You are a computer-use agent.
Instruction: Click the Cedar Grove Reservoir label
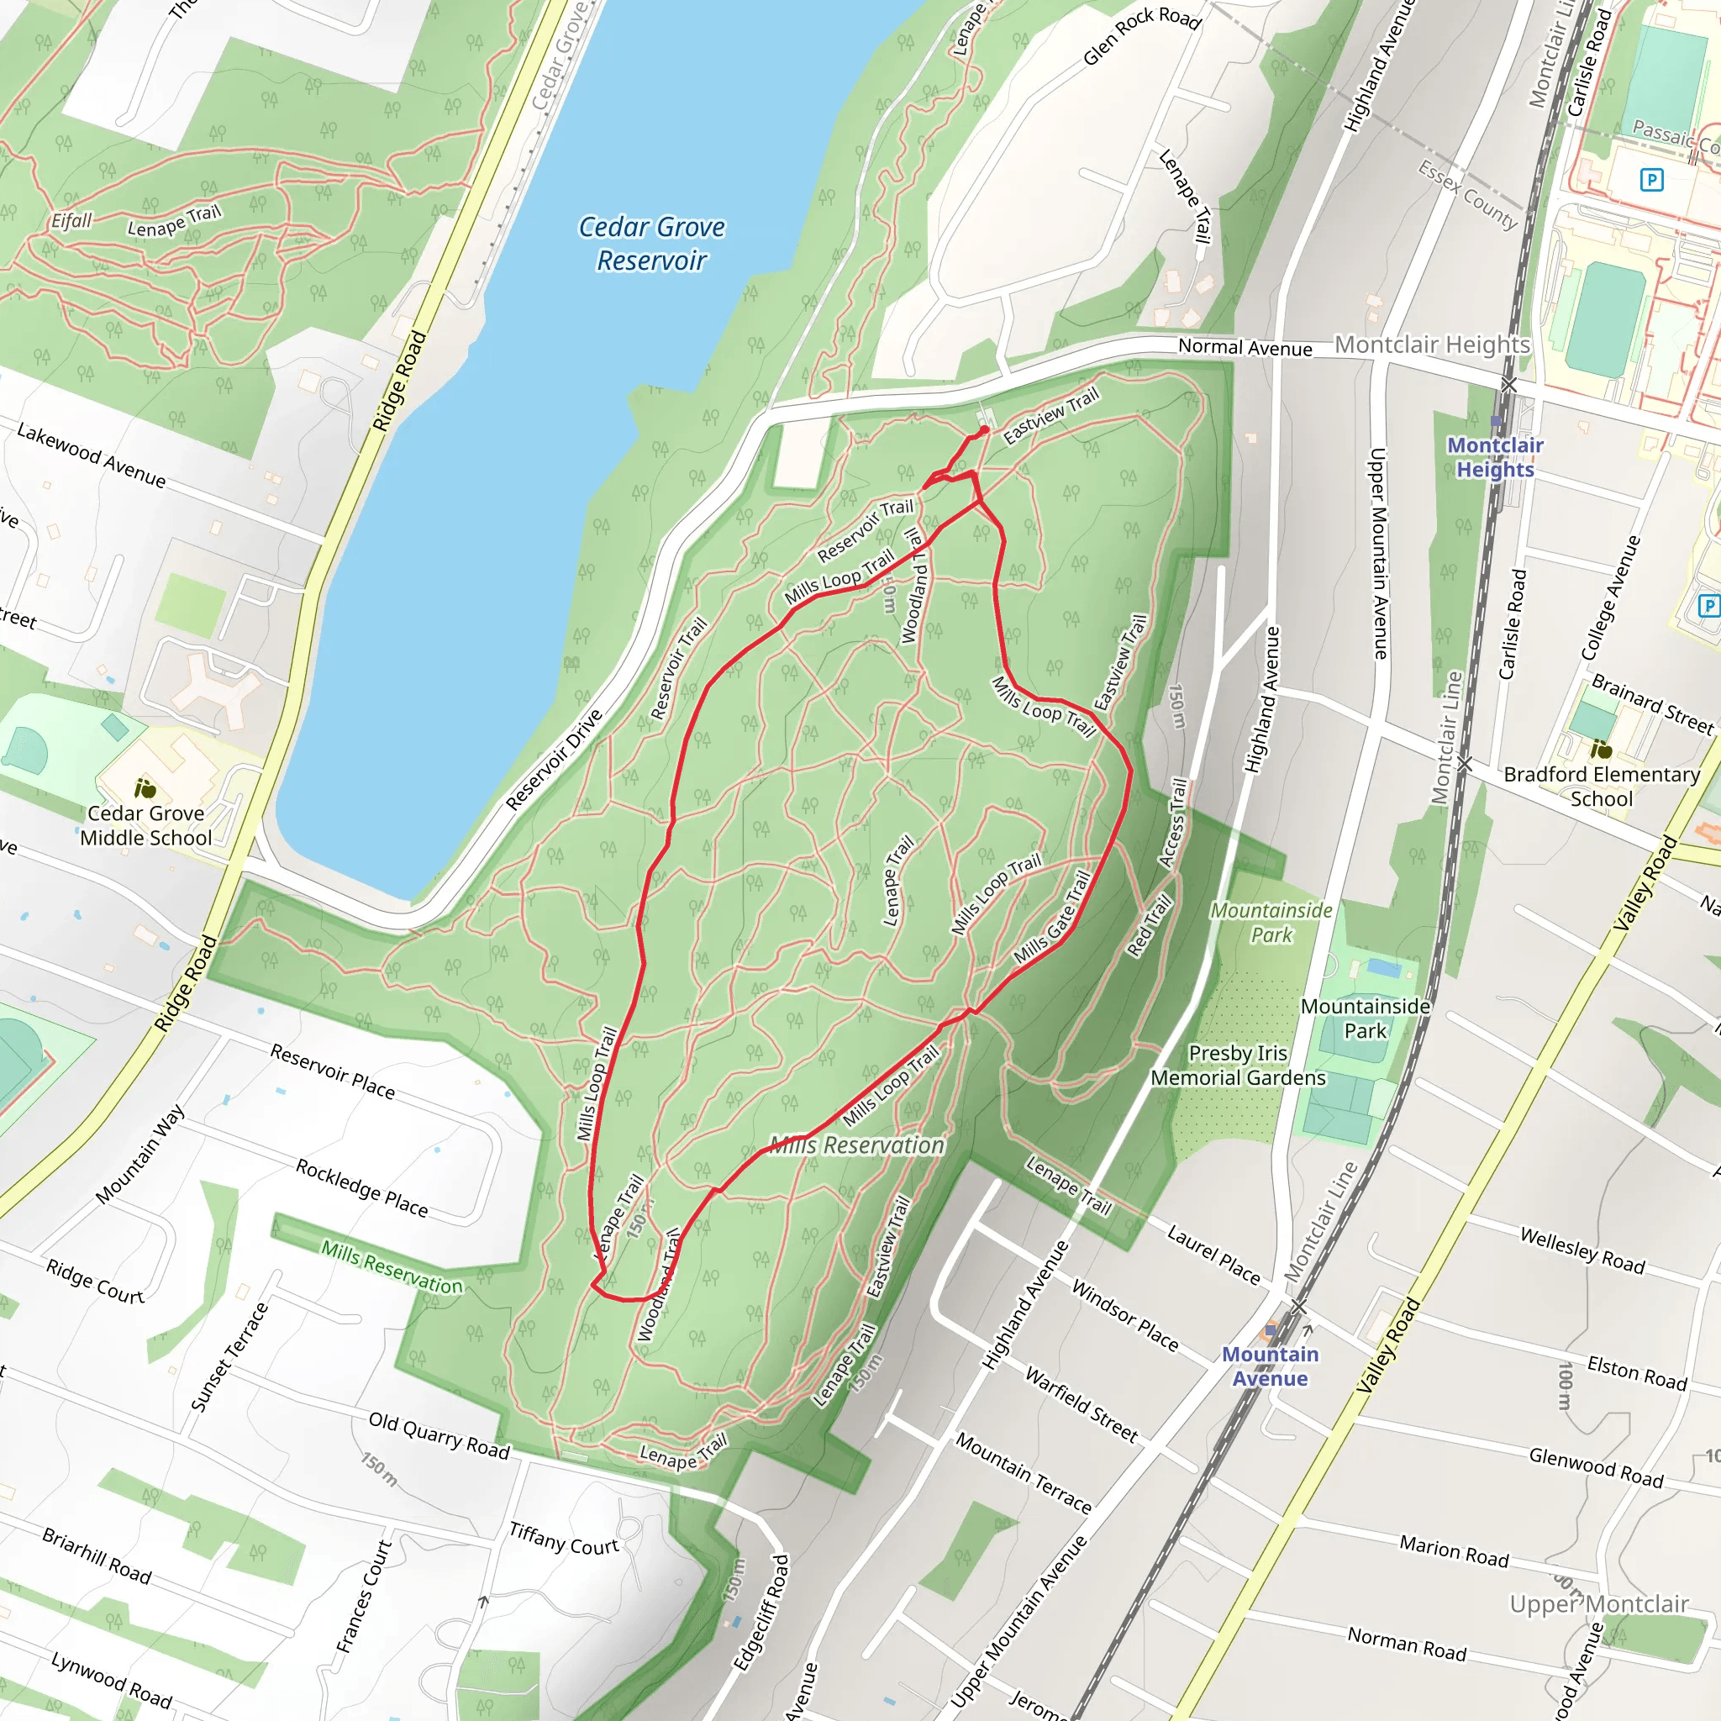coord(651,243)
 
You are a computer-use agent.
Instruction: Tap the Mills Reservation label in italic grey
coord(857,1145)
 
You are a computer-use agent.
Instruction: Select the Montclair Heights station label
coord(1495,457)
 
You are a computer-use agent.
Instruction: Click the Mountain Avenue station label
coord(1270,1366)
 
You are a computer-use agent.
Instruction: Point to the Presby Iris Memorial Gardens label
coord(1238,1066)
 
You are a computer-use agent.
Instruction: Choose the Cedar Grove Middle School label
coord(146,825)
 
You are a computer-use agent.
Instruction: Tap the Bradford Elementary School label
coord(1602,787)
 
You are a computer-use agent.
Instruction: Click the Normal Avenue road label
coord(1245,347)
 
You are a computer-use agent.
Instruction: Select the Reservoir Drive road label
coord(554,759)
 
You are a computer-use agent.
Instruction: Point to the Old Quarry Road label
coord(439,1435)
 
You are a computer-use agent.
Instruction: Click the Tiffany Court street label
coord(564,1539)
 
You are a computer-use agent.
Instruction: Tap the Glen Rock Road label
coord(1142,35)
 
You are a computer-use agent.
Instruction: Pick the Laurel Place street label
coord(1214,1255)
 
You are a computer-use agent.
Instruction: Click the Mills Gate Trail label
coord(1053,918)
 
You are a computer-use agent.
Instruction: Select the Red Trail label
coord(1150,925)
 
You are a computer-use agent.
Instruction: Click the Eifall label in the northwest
coord(71,220)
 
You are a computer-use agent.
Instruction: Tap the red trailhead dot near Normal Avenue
coord(984,430)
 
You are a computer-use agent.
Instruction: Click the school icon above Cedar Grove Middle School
coord(145,788)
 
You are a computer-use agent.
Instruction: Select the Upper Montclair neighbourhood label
coord(1599,1604)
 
